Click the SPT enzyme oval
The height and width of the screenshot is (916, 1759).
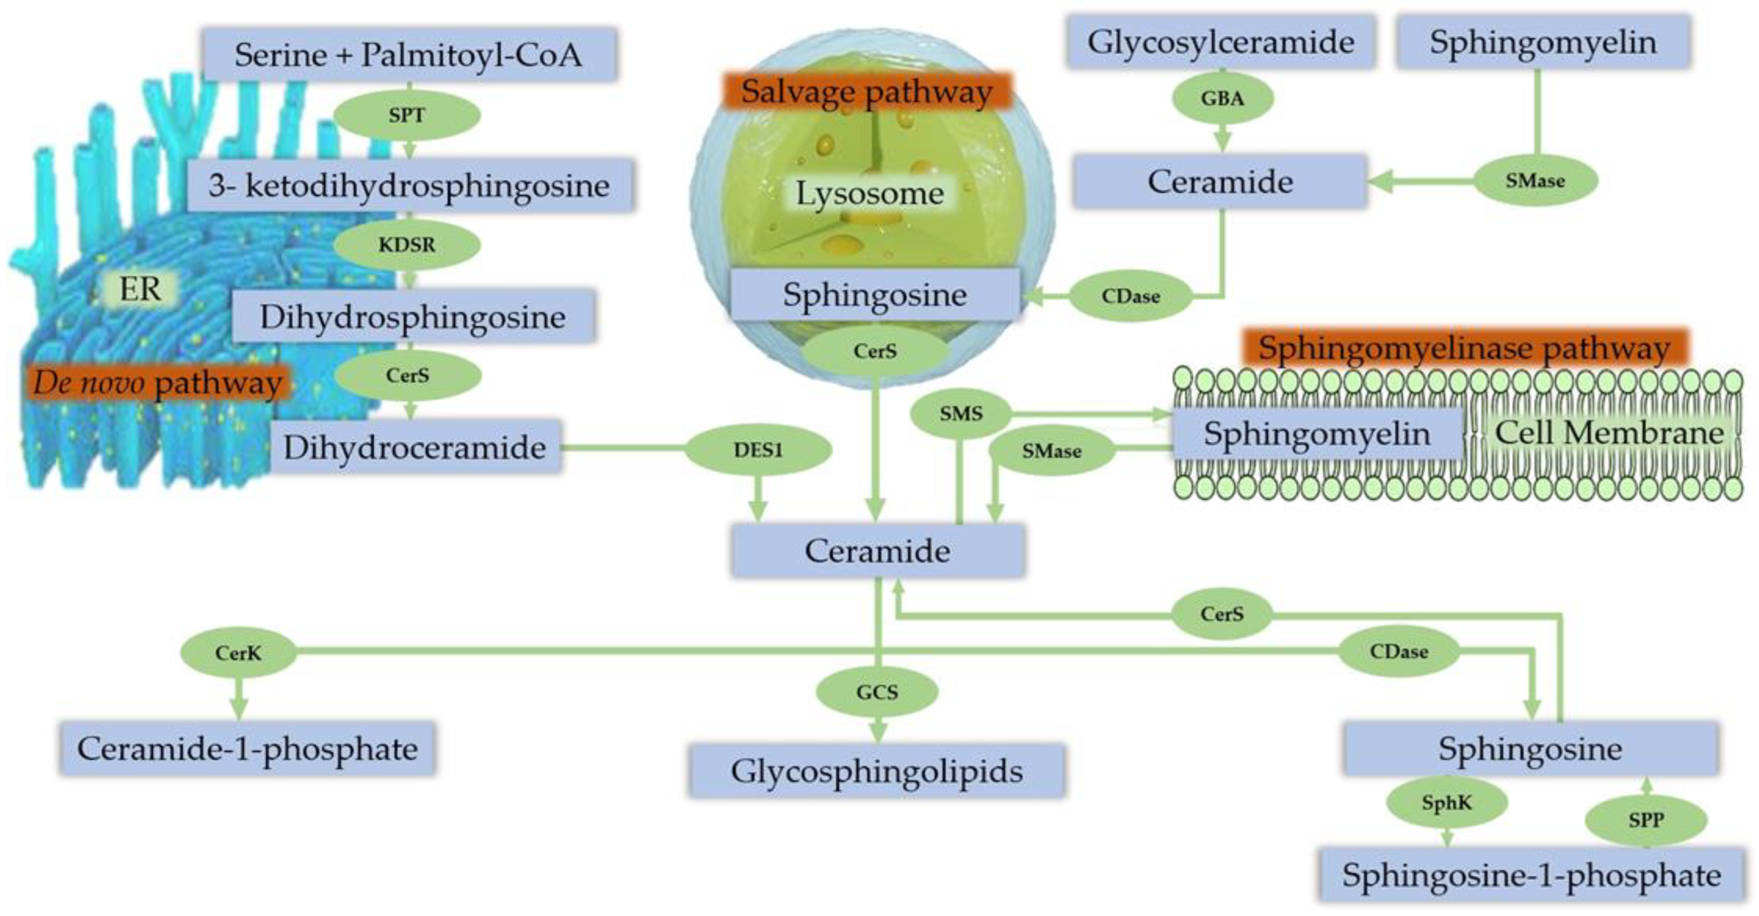point(407,115)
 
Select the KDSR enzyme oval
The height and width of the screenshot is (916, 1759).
point(407,245)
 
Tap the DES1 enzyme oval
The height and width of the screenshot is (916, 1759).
point(758,450)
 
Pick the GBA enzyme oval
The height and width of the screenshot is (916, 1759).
point(1222,98)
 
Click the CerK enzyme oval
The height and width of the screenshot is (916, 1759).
point(238,653)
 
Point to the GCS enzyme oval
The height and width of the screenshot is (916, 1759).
point(877,692)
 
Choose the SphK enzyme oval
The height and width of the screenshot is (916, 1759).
point(1446,803)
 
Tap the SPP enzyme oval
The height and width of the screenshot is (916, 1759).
point(1646,820)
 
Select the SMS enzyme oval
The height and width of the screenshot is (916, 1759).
point(961,413)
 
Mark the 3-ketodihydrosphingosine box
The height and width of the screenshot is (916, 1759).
point(410,186)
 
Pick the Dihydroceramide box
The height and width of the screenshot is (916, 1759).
point(415,447)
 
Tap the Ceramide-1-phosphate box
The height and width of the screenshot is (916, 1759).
point(247,749)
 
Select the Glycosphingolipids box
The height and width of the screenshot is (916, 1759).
point(877,771)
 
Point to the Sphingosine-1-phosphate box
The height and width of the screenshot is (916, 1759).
point(1531,875)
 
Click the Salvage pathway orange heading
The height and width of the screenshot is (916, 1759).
point(867,92)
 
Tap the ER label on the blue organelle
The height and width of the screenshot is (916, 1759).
point(140,290)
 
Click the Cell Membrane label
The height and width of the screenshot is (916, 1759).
point(1608,433)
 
